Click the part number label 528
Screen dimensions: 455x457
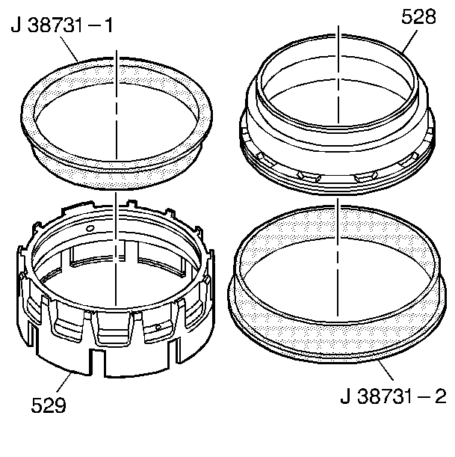pos(418,17)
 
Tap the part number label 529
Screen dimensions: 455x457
pos(49,405)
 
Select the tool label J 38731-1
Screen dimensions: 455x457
pos(62,25)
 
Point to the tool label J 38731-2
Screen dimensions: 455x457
pos(393,396)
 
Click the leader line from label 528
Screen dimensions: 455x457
pos(409,41)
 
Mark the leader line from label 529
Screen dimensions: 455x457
pos(64,382)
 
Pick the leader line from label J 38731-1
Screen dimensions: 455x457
pos(69,49)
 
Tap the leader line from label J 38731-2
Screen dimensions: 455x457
pos(386,369)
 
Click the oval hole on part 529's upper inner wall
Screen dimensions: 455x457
pos(90,228)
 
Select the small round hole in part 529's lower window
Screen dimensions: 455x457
pos(158,327)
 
